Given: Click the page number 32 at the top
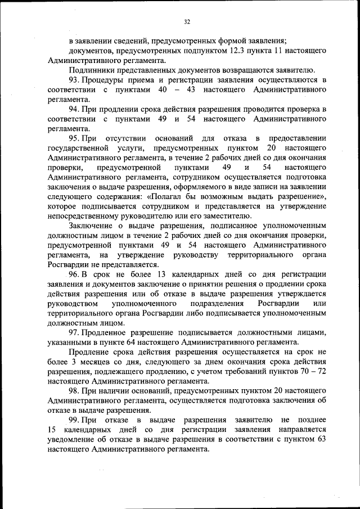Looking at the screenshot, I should [187, 22].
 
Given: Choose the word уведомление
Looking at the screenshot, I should [74, 439].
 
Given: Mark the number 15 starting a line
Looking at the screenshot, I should [53, 429].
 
